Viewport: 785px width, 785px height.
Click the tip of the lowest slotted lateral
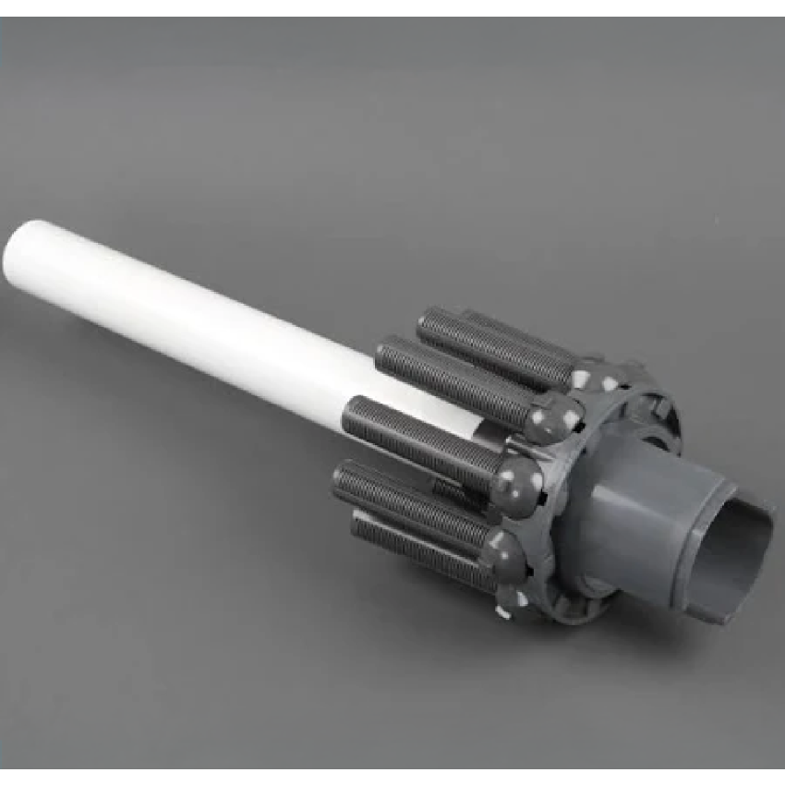click(x=356, y=526)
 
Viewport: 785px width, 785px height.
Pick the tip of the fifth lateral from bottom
click(x=425, y=319)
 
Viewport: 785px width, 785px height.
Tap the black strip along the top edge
click(x=392, y=7)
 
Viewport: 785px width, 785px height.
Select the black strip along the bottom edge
click(x=392, y=777)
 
